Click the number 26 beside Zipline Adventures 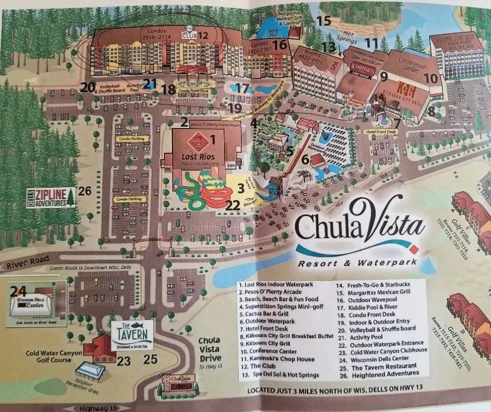84,193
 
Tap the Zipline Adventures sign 50,197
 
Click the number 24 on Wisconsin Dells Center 19,291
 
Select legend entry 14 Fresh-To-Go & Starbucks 372,287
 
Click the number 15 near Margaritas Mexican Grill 324,21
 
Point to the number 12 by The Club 202,36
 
